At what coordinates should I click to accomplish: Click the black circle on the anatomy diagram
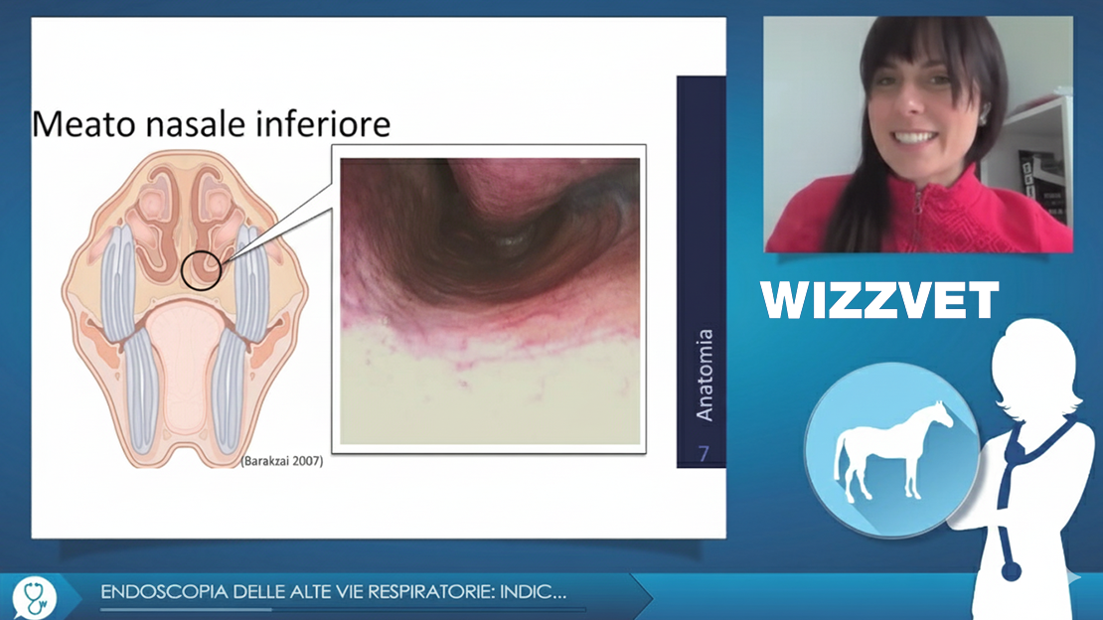[201, 271]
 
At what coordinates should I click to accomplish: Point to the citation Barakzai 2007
[282, 462]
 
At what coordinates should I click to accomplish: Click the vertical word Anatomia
[705, 376]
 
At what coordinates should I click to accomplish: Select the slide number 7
[704, 454]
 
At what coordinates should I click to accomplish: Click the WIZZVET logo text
[880, 300]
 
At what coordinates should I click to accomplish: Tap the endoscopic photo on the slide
[490, 301]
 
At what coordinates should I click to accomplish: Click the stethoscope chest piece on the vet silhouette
[1011, 569]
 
